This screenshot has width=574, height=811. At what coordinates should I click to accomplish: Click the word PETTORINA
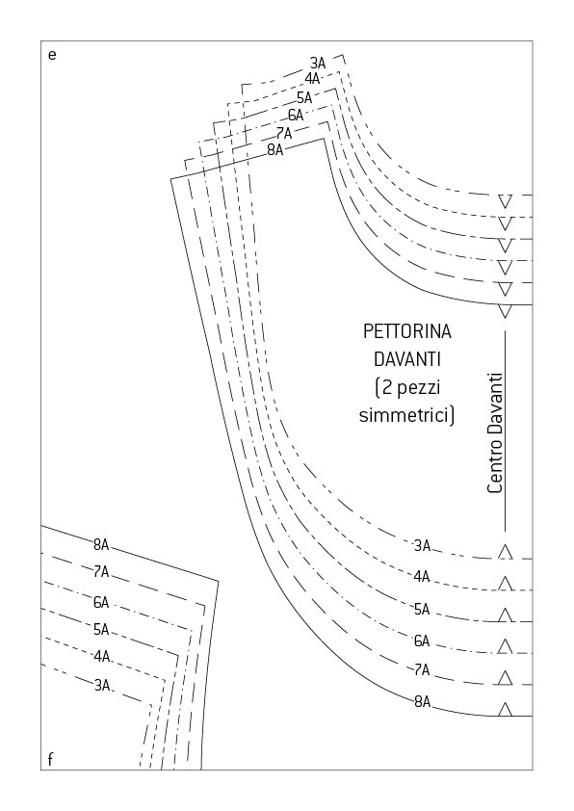click(407, 331)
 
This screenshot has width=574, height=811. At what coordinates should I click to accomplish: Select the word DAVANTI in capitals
click(407, 359)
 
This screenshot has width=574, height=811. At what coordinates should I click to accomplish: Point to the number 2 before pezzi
click(387, 387)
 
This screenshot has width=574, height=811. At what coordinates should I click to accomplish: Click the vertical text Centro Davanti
click(495, 432)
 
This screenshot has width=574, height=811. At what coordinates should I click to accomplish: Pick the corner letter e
click(52, 55)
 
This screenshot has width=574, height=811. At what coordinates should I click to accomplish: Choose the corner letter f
click(50, 759)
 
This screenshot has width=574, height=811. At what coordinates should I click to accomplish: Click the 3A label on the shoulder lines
click(318, 64)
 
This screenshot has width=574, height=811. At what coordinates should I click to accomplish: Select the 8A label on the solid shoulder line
click(275, 150)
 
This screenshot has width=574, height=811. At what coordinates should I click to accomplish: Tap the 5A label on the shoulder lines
click(304, 97)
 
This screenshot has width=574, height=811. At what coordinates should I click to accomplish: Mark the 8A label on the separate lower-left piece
click(101, 544)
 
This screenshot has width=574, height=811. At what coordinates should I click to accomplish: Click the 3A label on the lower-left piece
click(102, 686)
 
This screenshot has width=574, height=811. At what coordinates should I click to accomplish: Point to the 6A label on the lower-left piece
click(101, 602)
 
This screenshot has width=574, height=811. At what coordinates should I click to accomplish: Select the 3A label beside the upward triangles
click(422, 546)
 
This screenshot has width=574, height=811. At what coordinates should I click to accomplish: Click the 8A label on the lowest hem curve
click(422, 702)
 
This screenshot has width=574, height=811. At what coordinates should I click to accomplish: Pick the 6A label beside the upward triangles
click(422, 641)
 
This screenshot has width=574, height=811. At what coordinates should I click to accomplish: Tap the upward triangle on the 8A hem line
click(506, 709)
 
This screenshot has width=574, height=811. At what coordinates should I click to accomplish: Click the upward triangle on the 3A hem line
click(506, 552)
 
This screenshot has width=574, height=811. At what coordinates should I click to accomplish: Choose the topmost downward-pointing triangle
click(506, 201)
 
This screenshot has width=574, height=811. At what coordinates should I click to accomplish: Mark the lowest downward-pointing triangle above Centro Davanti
click(506, 311)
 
